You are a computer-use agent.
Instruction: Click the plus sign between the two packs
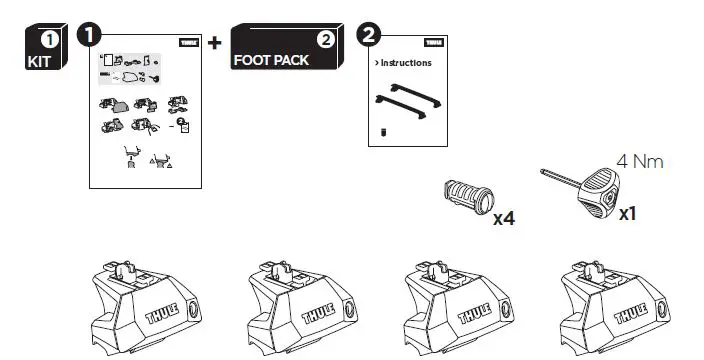pyautogui.click(x=214, y=44)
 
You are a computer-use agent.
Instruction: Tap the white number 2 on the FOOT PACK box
pyautogui.click(x=325, y=40)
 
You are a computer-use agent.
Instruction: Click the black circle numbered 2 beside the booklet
pyautogui.click(x=369, y=36)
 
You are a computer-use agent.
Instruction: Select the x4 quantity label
pyautogui.click(x=504, y=216)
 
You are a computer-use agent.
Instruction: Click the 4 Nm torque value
pyautogui.click(x=640, y=160)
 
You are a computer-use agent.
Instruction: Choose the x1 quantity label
pyautogui.click(x=629, y=213)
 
